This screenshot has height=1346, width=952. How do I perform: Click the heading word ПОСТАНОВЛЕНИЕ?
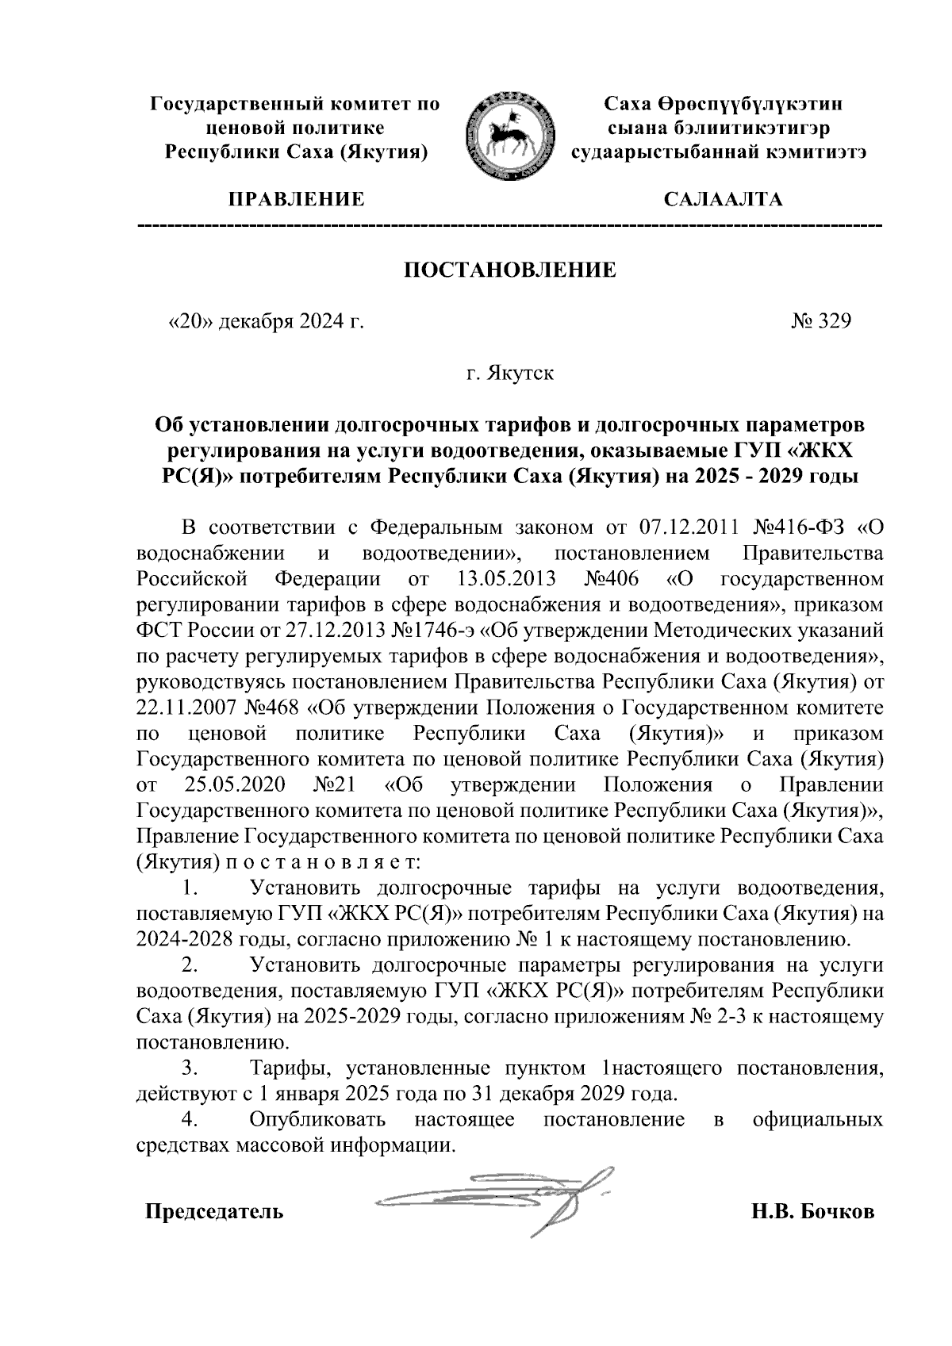[510, 270]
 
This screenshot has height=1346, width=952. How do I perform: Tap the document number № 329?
[820, 321]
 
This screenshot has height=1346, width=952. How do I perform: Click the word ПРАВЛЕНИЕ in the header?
[297, 199]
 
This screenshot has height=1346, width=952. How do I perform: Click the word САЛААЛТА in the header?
[723, 199]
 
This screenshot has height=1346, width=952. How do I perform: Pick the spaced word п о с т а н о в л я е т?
[322, 861]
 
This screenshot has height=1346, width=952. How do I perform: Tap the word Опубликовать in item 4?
[317, 1119]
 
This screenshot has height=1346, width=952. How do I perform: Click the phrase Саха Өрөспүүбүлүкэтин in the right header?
[723, 104]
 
